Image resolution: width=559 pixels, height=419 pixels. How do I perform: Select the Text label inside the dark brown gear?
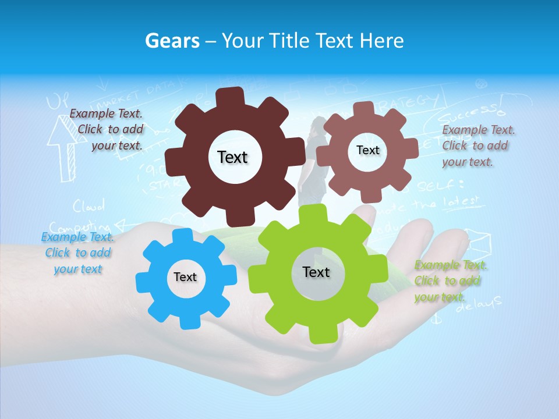(232, 157)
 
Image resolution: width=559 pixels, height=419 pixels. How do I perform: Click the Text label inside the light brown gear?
(367, 150)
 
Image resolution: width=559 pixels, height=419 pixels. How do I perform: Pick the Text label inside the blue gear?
(185, 277)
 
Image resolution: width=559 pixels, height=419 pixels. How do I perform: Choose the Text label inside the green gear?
(316, 272)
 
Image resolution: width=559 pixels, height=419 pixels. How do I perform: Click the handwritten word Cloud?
(89, 205)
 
